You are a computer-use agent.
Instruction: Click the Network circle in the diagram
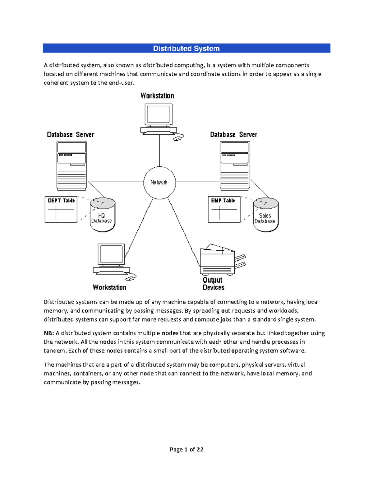click(159, 183)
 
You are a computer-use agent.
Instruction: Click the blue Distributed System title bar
click(186, 48)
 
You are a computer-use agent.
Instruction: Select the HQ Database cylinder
click(103, 215)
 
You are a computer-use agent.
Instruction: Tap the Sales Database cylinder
click(266, 215)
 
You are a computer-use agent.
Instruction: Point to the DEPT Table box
click(61, 209)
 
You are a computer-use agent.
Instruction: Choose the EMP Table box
click(224, 209)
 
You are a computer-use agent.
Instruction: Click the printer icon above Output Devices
click(218, 260)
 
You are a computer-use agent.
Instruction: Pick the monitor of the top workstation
click(159, 115)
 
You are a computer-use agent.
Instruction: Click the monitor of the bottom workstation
click(111, 255)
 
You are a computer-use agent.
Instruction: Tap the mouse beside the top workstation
click(178, 138)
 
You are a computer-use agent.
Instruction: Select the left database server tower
click(71, 165)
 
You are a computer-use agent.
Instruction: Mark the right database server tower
click(235, 165)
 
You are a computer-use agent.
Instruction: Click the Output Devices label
click(213, 284)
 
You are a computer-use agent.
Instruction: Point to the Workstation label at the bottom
click(109, 287)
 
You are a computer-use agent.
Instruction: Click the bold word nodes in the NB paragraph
click(170, 333)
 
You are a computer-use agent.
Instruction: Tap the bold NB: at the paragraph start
click(49, 333)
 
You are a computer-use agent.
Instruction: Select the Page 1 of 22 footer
click(186, 449)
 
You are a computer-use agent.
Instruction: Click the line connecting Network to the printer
click(184, 232)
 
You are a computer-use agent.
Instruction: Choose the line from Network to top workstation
click(159, 151)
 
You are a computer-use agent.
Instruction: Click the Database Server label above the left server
click(71, 135)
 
